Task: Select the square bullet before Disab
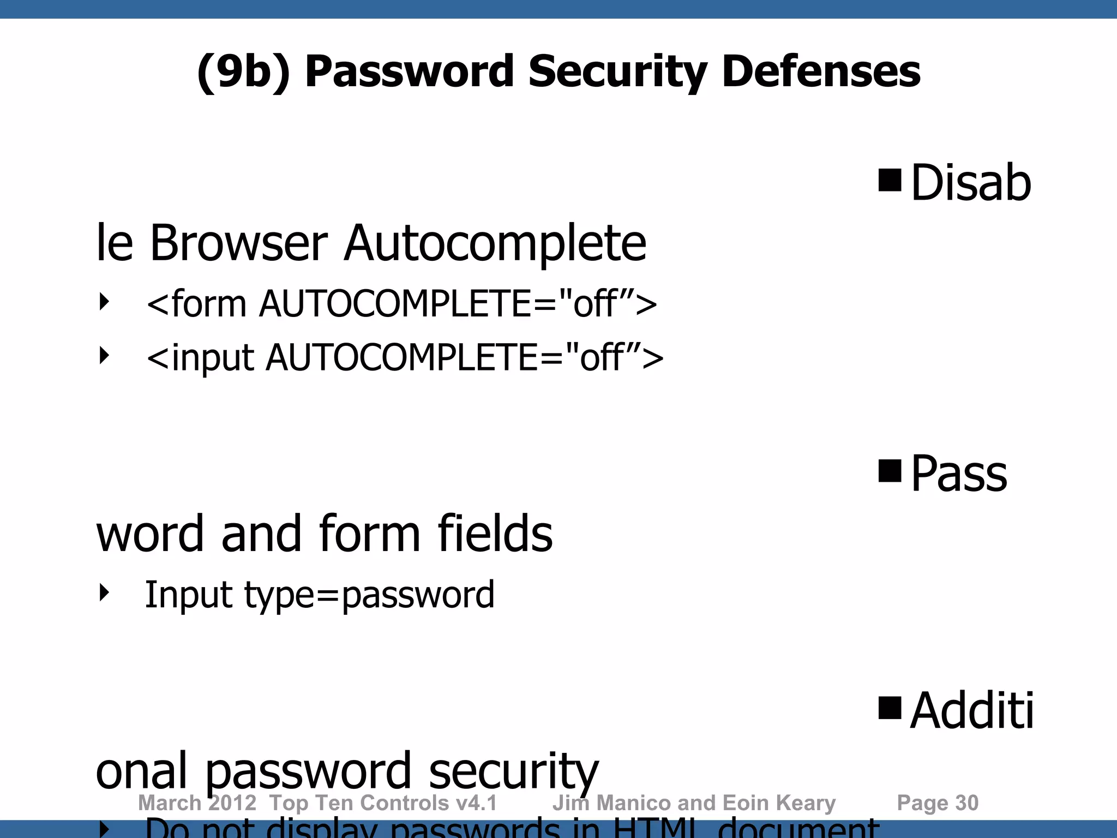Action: [x=890, y=180]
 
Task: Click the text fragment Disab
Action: [x=971, y=183]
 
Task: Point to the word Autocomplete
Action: [x=495, y=243]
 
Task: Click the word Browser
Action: [x=238, y=243]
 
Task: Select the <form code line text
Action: [x=402, y=303]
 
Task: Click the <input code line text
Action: [x=405, y=358]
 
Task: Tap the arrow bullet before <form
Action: [x=104, y=301]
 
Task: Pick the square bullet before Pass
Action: [x=890, y=471]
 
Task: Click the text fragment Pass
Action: [x=959, y=474]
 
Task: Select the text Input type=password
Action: [x=320, y=595]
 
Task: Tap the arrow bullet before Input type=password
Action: [x=104, y=592]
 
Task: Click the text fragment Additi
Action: [x=972, y=710]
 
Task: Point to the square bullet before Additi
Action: [x=890, y=708]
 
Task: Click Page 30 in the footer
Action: [x=938, y=803]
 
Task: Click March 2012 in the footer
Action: [x=197, y=803]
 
